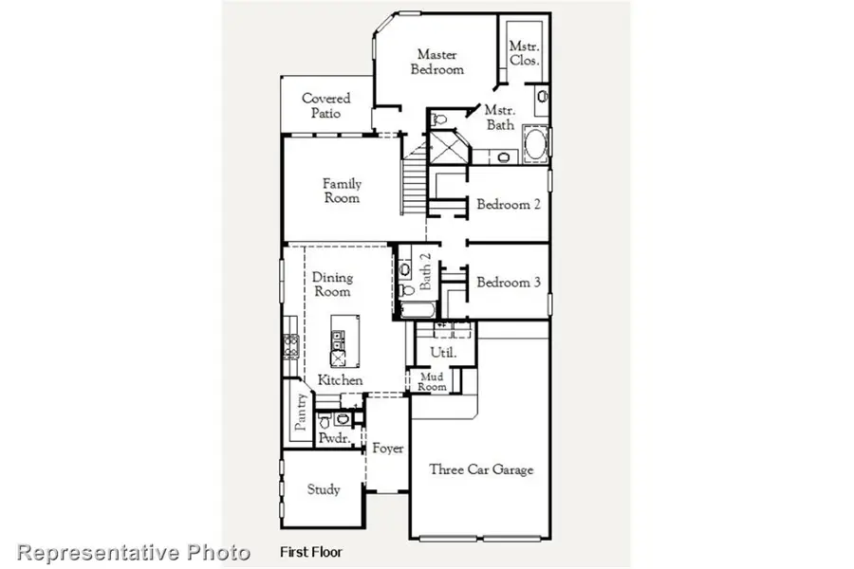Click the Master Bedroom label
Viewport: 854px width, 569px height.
click(x=439, y=63)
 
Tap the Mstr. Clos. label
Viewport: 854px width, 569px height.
click(x=524, y=53)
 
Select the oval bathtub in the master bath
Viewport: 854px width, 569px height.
click(x=534, y=147)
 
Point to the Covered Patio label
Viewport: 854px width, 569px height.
click(x=325, y=105)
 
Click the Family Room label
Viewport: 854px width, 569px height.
click(x=342, y=191)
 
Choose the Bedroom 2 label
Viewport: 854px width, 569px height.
click(x=509, y=204)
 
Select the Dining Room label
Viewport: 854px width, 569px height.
click(x=332, y=284)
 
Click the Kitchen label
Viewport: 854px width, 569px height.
click(x=340, y=380)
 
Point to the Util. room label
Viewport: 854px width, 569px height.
click(x=443, y=352)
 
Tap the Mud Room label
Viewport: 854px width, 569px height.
click(x=433, y=381)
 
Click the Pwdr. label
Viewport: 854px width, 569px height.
click(x=332, y=439)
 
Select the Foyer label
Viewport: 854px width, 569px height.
click(x=387, y=449)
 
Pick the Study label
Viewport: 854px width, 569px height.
click(x=324, y=490)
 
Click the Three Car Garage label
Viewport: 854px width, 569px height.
click(x=481, y=469)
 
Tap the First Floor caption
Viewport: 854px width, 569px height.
click(x=310, y=551)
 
